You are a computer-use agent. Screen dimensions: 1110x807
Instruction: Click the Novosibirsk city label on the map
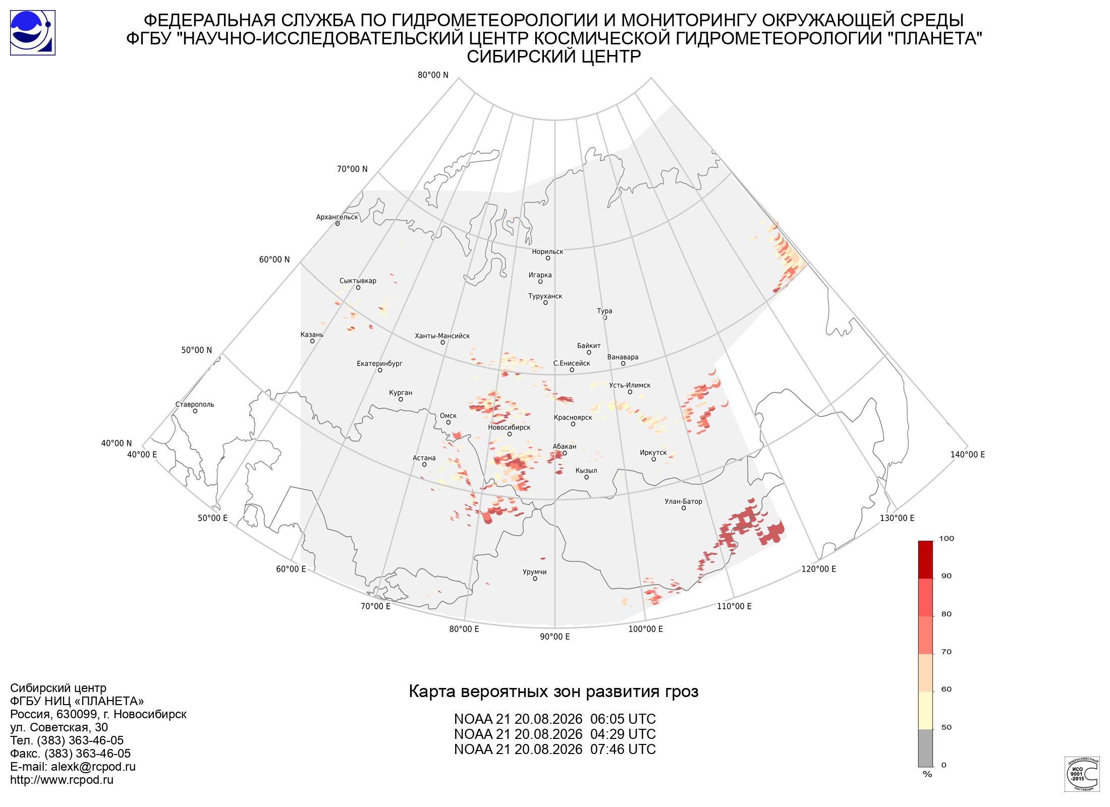click(509, 427)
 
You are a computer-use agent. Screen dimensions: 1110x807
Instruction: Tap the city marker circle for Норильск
click(547, 258)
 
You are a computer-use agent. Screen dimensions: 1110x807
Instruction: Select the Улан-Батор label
click(683, 501)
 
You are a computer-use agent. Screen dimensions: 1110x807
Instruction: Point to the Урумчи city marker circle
click(535, 579)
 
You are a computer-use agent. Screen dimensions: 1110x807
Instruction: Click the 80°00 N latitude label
click(433, 75)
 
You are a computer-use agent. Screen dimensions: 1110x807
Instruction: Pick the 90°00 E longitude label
click(555, 637)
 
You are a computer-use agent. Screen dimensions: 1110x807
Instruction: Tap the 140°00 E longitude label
click(968, 454)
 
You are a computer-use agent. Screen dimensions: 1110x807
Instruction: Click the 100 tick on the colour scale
click(947, 539)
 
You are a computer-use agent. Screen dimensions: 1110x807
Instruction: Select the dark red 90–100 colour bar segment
click(925, 560)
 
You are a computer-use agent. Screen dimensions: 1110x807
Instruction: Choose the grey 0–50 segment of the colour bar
click(925, 748)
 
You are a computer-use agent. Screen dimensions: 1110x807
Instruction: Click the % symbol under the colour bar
click(927, 774)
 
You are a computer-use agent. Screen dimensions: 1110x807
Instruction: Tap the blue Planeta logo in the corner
click(33, 33)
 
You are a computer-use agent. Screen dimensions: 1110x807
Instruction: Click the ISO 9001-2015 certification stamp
click(1082, 774)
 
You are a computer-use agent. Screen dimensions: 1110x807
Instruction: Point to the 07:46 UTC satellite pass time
click(623, 750)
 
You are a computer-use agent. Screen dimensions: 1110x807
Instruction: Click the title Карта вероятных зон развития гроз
click(553, 691)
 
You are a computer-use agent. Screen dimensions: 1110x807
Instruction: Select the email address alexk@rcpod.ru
click(93, 767)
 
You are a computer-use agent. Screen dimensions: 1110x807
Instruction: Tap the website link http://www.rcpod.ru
click(62, 780)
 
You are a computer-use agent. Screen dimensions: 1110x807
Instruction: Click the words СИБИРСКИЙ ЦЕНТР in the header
click(553, 56)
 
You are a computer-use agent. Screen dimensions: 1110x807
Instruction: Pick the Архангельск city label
click(337, 217)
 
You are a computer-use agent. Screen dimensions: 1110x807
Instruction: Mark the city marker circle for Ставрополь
click(195, 411)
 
